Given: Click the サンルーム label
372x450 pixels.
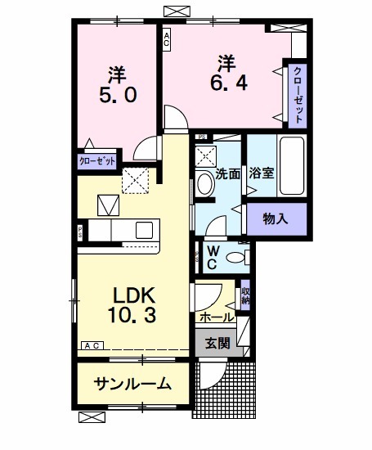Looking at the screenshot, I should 132,383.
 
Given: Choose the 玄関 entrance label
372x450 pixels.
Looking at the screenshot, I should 218,341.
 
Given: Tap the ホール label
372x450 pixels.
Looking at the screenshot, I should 215,316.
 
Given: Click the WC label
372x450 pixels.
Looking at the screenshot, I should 211,258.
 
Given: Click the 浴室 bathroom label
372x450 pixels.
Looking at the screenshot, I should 262,174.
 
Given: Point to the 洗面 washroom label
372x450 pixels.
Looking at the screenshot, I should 227,174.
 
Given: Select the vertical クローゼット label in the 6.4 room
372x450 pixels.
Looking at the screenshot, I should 297,93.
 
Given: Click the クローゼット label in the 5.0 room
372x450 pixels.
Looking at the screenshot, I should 96,161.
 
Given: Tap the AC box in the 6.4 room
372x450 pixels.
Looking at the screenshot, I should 166,39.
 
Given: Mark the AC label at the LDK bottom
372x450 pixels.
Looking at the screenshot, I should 92,346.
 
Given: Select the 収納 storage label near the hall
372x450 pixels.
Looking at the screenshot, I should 245,296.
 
